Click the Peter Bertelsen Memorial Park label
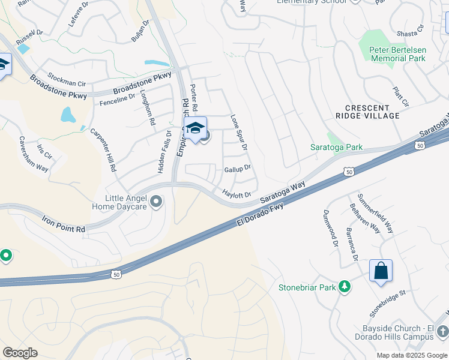pyautogui.click(x=398, y=54)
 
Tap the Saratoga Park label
pyautogui.click(x=336, y=147)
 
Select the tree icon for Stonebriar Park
pyautogui.click(x=345, y=287)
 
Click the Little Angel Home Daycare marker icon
pyautogui.click(x=156, y=202)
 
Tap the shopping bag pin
pyautogui.click(x=381, y=271)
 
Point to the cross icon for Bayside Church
pyautogui.click(x=442, y=331)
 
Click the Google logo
pyautogui.click(x=20, y=353)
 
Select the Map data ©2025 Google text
pyautogui.click(x=411, y=355)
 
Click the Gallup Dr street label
pyautogui.click(x=237, y=169)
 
